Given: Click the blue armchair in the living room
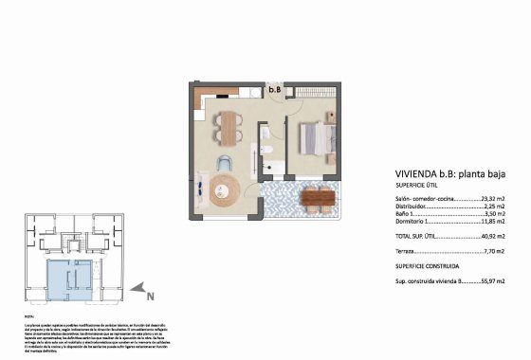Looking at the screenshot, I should pyautogui.click(x=225, y=161).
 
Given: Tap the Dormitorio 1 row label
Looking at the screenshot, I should pyautogui.click(x=413, y=222).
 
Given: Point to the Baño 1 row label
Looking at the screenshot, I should pyautogui.click(x=405, y=214).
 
